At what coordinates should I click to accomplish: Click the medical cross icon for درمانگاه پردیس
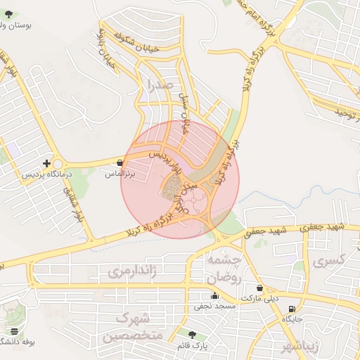pos(46,163)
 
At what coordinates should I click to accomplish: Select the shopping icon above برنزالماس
pos(120,163)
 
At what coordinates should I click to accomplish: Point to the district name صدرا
pos(155,86)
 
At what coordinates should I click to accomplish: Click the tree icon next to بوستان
pos(8,14)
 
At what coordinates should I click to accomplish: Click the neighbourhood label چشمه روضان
pos(224,269)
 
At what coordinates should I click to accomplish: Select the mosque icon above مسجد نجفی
pos(214,296)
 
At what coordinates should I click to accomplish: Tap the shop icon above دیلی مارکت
pos(259,288)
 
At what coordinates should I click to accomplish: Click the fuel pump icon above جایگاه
pos(292,309)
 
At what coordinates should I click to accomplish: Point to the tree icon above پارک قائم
pos(193,335)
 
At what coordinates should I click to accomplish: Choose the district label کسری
pos(329,261)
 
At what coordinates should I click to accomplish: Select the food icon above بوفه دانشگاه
pos(14,331)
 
